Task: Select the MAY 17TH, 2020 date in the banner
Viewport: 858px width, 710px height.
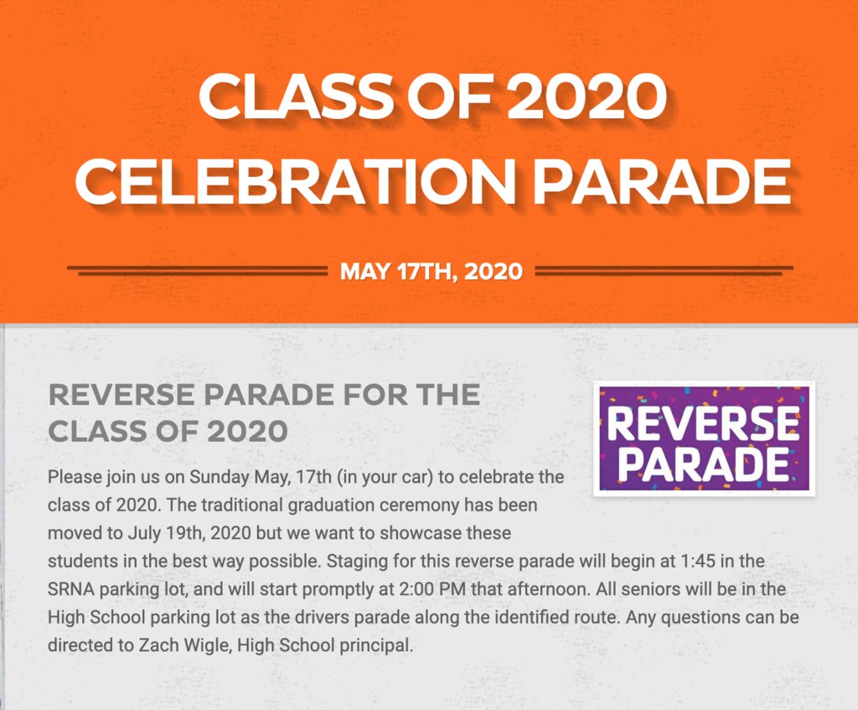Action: click(432, 272)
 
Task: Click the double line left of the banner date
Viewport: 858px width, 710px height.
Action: click(197, 271)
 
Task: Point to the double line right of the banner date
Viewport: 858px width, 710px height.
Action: click(664, 271)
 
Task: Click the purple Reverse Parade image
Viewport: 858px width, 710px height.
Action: click(704, 438)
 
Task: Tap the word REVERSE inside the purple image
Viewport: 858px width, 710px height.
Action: click(704, 423)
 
